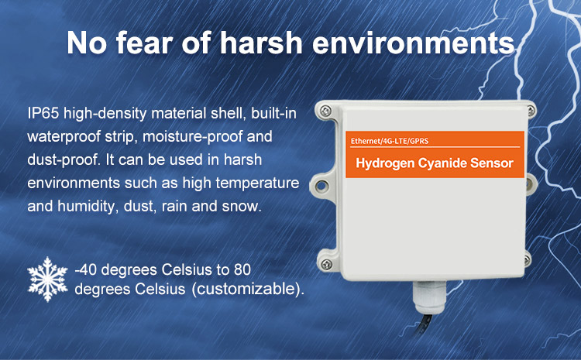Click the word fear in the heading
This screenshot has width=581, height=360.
(145, 43)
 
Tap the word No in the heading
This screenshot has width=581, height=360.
(87, 43)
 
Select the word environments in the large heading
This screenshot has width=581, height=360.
(413, 43)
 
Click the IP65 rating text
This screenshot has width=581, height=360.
(43, 113)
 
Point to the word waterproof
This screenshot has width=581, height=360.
(64, 137)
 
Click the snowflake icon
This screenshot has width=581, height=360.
(47, 279)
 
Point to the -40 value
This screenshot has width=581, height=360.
(86, 269)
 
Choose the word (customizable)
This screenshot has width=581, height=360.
(248, 290)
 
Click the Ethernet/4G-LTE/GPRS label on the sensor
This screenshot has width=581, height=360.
(390, 141)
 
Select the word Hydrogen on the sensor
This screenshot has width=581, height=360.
(385, 163)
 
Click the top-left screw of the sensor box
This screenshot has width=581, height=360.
(325, 111)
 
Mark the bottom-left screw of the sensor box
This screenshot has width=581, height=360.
(326, 265)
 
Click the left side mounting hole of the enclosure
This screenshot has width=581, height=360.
(321, 186)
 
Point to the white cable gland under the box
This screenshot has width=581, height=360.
(429, 297)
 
